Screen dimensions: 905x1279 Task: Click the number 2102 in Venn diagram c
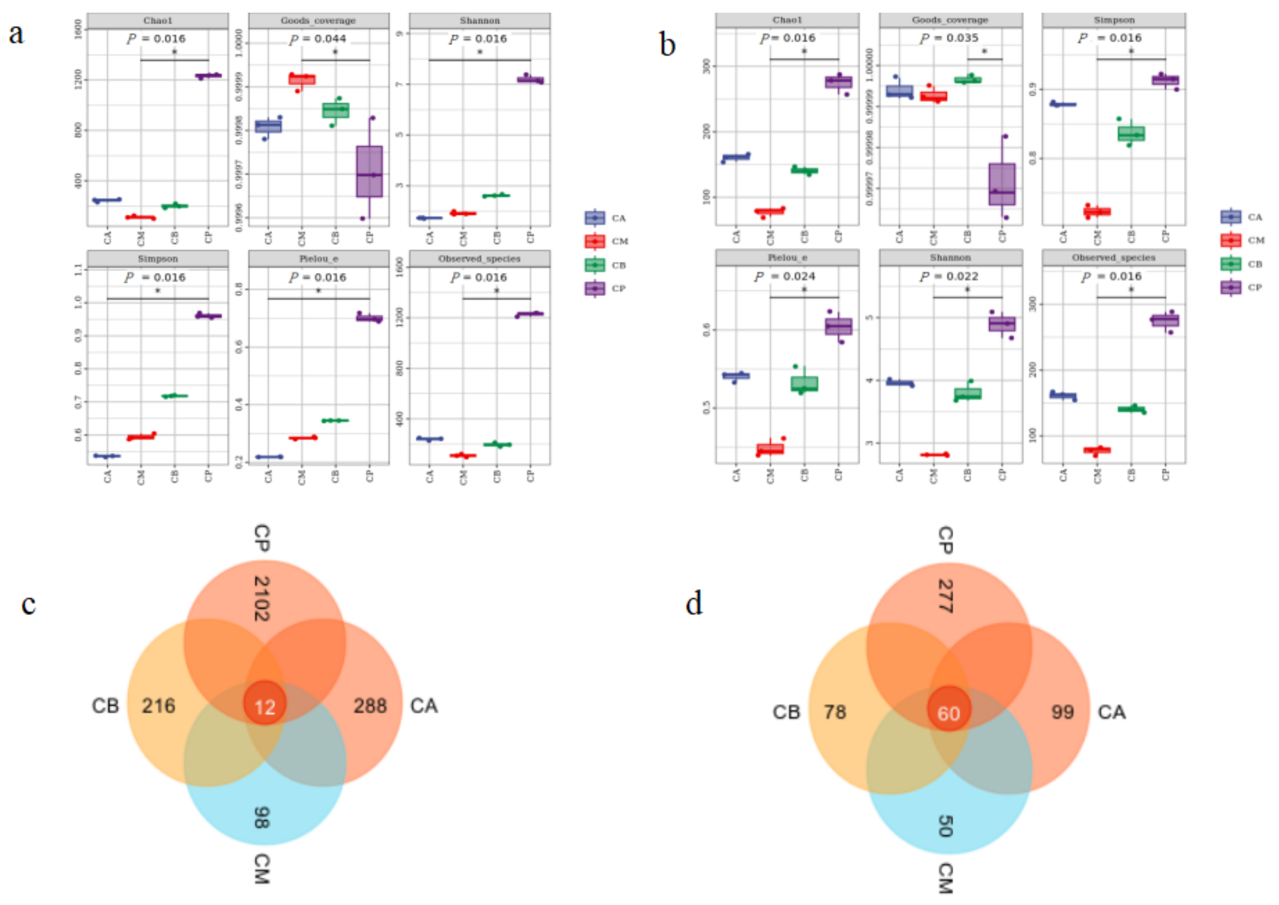pyautogui.click(x=261, y=599)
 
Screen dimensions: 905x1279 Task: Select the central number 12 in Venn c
pyautogui.click(x=265, y=707)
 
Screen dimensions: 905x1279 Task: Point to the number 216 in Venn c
pyautogui.click(x=158, y=706)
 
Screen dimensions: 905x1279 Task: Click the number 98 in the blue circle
pyautogui.click(x=261, y=817)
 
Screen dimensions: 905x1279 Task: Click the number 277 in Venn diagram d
pyautogui.click(x=945, y=596)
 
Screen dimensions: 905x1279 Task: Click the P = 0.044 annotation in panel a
pyautogui.click(x=318, y=39)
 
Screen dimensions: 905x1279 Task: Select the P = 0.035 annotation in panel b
pyautogui.click(x=949, y=38)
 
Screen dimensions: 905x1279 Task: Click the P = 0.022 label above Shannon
pyautogui.click(x=949, y=276)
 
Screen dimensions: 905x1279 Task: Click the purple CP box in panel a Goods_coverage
pyautogui.click(x=369, y=171)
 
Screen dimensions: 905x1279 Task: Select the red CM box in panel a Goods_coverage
pyautogui.click(x=302, y=80)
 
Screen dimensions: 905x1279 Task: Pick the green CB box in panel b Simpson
pyautogui.click(x=1131, y=134)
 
